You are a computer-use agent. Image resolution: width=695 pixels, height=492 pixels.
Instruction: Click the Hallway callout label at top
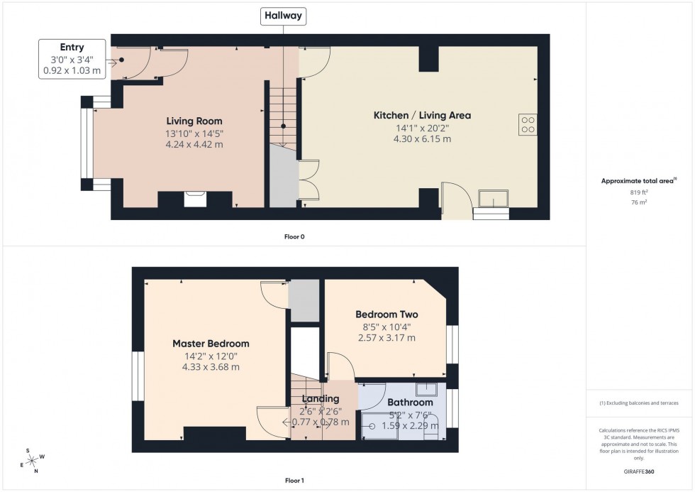(x=283, y=16)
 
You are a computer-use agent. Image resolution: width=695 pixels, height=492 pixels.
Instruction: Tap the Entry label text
(x=72, y=47)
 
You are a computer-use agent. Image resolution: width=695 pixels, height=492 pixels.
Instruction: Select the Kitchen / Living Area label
(x=422, y=115)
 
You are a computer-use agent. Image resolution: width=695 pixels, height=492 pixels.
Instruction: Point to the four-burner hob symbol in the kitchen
(x=528, y=124)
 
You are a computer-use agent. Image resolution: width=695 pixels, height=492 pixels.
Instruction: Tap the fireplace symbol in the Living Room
(x=194, y=198)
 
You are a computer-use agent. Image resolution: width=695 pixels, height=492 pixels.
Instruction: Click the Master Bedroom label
(x=211, y=344)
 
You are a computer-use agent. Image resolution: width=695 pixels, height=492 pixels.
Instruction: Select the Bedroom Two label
(x=387, y=315)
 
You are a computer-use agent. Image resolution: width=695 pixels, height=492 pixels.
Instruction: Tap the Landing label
(x=320, y=399)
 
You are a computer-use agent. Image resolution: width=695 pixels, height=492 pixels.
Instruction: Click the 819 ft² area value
(x=640, y=192)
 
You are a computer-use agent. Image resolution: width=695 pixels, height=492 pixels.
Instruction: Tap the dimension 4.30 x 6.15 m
(x=422, y=139)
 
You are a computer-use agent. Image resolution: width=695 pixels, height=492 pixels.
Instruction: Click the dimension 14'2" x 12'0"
(x=211, y=356)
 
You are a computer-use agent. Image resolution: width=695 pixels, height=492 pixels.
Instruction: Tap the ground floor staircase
(x=282, y=114)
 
